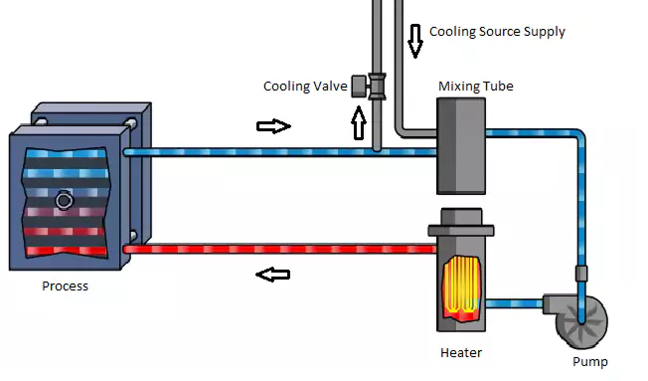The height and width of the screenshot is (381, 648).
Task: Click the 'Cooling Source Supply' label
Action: tap(497, 32)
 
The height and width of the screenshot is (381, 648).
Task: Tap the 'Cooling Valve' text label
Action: tap(305, 87)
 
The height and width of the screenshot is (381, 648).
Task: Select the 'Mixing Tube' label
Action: tap(476, 86)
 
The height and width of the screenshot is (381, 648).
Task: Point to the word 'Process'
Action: tap(66, 286)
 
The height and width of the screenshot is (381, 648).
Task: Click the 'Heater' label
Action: tap(461, 352)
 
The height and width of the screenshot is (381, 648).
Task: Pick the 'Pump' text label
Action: tap(590, 362)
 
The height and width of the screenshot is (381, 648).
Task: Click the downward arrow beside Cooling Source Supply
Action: tap(414, 41)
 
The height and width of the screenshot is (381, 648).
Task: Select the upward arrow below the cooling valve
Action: tap(359, 123)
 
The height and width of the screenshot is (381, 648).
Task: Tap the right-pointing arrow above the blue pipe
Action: tap(273, 126)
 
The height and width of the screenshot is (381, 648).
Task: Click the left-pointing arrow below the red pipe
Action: tap(272, 275)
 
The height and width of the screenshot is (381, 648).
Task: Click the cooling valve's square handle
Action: tap(359, 87)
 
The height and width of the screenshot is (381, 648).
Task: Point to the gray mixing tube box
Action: tap(461, 146)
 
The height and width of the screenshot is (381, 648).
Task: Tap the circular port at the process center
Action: tap(64, 201)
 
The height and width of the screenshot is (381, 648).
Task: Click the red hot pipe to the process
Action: tap(280, 249)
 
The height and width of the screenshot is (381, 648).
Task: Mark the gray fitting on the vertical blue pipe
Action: tap(581, 274)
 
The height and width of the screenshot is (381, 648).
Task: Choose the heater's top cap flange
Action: tap(461, 230)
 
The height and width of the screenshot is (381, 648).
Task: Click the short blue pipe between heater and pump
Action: tap(514, 303)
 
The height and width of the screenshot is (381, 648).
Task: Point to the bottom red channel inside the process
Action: tap(67, 251)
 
